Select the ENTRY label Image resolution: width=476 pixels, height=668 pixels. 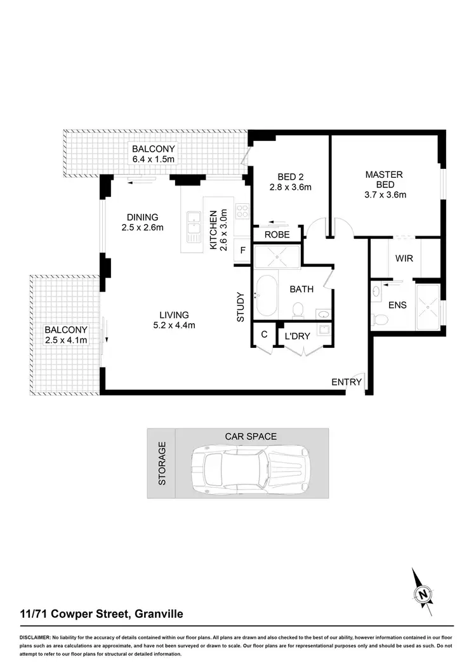(x=346, y=382)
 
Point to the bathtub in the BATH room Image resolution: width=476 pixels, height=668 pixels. (x=265, y=295)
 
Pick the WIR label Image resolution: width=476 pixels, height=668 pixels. (x=404, y=258)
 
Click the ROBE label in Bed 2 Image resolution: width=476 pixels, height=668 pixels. (x=277, y=234)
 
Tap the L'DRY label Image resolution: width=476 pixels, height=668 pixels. (x=297, y=336)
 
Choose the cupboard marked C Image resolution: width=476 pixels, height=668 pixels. (x=263, y=335)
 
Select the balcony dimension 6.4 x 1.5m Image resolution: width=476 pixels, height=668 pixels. (x=152, y=159)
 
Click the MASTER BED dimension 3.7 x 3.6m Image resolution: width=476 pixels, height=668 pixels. (x=384, y=194)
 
